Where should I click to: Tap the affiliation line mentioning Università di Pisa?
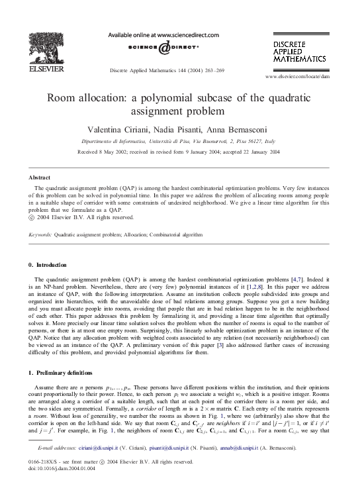(179, 141)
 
